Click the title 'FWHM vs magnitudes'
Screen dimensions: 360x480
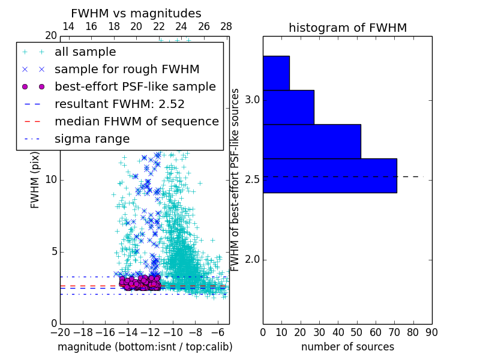(136, 13)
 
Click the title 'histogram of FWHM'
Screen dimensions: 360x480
(347, 28)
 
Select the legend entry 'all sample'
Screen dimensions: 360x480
(85, 52)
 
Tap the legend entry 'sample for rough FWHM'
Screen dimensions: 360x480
(127, 70)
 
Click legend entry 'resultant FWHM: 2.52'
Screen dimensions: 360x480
(119, 104)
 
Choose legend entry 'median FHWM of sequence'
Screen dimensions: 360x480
(136, 121)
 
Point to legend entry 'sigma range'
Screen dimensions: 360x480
(92, 139)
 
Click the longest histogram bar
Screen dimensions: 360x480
(329, 175)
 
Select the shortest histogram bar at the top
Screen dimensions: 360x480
(276, 73)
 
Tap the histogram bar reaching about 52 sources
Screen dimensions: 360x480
(311, 141)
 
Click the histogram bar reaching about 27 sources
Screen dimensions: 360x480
(288, 107)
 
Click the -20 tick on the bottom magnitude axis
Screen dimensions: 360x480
(60, 332)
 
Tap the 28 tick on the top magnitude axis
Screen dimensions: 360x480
(226, 26)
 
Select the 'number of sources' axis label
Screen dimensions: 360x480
(347, 347)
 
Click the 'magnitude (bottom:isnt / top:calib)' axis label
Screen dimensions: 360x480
(145, 347)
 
